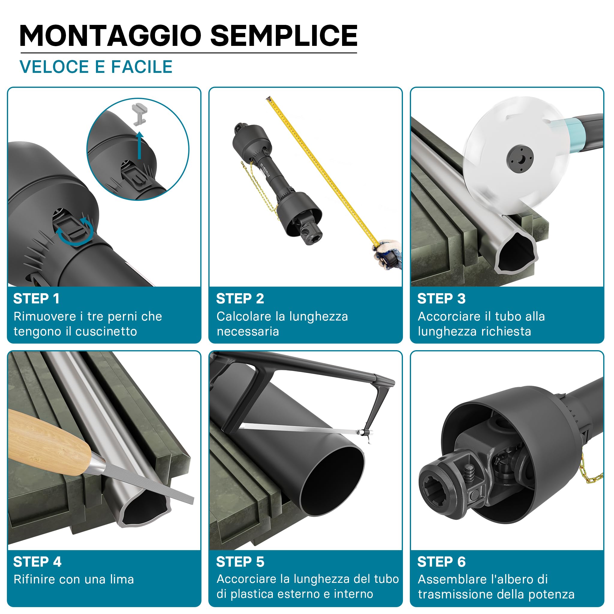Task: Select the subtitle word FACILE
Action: pos(142,67)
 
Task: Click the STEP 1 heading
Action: pos(36,299)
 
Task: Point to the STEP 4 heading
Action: pos(37,562)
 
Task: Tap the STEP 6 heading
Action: pos(441,562)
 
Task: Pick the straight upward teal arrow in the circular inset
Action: pos(139,145)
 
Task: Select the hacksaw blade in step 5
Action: pos(300,429)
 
